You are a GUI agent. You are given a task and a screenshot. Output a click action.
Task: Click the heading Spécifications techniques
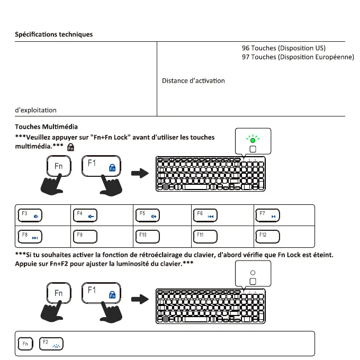click(x=53, y=34)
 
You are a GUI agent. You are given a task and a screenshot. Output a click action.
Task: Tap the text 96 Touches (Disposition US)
click(x=284, y=48)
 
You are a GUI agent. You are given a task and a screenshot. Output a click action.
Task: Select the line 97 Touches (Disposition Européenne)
click(x=298, y=57)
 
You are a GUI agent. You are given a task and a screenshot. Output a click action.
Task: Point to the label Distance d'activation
click(x=193, y=81)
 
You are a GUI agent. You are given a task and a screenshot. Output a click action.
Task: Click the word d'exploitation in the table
click(x=35, y=110)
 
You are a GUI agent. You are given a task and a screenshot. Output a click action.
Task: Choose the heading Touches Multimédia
click(x=46, y=127)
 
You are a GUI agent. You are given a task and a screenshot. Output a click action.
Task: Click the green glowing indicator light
click(x=252, y=140)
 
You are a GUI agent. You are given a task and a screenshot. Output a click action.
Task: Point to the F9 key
click(x=85, y=236)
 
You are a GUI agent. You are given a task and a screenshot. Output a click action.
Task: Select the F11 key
click(x=205, y=236)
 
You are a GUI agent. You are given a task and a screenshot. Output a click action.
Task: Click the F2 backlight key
click(x=52, y=344)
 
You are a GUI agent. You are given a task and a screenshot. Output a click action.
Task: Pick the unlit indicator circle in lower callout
click(x=252, y=272)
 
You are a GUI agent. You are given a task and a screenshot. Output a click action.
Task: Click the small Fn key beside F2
click(x=25, y=344)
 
